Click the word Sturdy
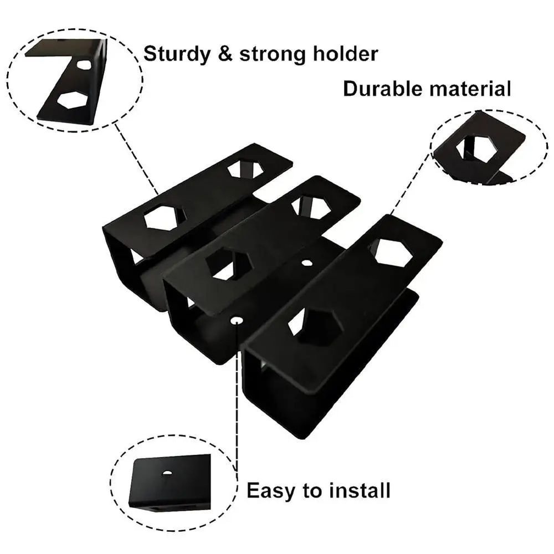click(175, 54)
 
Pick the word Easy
click(270, 491)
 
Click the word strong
click(270, 55)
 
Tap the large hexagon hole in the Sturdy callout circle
click(73, 100)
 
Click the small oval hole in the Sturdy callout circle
click(84, 65)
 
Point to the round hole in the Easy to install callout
click(167, 473)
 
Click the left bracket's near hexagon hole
click(164, 218)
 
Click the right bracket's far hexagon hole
click(392, 252)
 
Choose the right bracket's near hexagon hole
click(316, 326)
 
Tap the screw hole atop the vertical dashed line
click(237, 320)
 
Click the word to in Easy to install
click(314, 491)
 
